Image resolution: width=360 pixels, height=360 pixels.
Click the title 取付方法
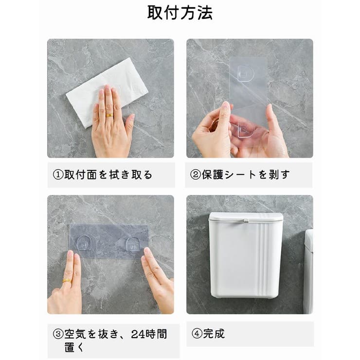tap(180, 13)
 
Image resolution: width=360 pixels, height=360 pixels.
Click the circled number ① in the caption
tap(58, 175)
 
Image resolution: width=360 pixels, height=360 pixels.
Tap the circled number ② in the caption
tap(196, 175)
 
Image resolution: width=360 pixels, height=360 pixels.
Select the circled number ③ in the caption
tap(58, 334)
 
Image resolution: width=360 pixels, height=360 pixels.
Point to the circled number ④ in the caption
tap(197, 334)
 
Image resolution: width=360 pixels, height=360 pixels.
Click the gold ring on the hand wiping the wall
tap(109, 115)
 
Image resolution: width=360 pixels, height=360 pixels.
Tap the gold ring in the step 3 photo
tap(67, 281)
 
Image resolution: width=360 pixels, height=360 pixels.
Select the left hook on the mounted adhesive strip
tap(83, 243)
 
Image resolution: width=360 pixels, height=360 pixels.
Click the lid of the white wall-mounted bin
tap(246, 217)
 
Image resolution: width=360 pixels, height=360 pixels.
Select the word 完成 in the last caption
tap(214, 334)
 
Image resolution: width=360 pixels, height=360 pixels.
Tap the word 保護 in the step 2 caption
tap(213, 175)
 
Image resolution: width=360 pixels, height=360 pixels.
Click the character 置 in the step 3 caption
tap(70, 347)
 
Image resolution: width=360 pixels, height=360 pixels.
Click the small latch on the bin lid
tap(245, 221)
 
